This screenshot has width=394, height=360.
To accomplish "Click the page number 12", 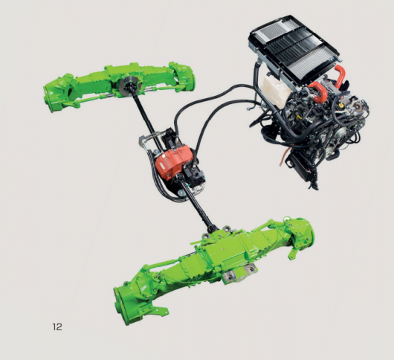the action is point(57,327).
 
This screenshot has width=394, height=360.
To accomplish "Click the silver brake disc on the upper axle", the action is point(129,86).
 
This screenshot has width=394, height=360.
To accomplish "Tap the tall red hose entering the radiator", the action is point(340,75).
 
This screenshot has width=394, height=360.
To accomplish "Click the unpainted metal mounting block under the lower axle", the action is point(240,274).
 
